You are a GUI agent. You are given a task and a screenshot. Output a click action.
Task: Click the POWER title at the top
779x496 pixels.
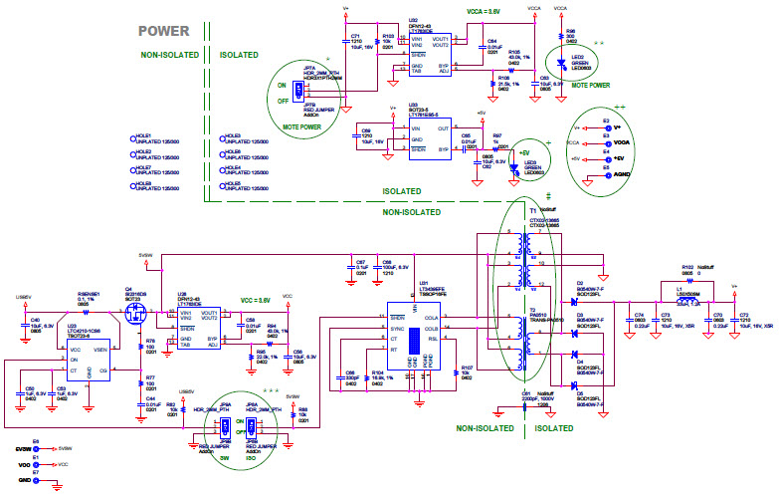(x=163, y=32)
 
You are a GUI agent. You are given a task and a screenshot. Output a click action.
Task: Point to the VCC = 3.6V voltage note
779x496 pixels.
(x=257, y=299)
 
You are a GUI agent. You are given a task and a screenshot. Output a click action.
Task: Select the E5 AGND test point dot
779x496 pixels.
(x=606, y=174)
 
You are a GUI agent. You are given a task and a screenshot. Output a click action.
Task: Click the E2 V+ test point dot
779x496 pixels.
(x=606, y=127)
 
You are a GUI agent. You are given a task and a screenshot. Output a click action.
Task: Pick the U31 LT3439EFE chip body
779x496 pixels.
(x=415, y=338)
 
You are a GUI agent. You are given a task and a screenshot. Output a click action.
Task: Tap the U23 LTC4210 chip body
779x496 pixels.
(x=89, y=354)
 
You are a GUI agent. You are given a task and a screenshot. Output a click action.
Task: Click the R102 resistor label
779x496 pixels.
(x=687, y=267)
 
